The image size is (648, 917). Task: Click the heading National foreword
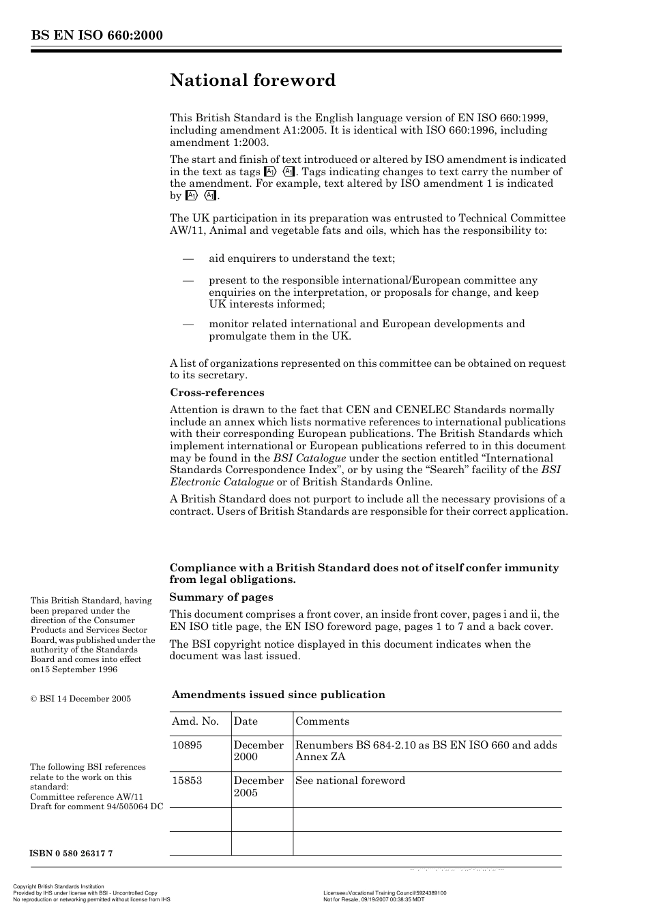click(252, 80)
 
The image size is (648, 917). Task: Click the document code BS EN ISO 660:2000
click(96, 35)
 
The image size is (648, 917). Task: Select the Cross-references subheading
click(216, 393)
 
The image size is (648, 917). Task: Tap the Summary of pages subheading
click(221, 597)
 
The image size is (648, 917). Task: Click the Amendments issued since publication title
click(278, 695)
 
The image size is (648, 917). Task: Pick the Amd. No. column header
click(196, 721)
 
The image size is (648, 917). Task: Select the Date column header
click(246, 721)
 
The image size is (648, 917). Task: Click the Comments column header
click(322, 721)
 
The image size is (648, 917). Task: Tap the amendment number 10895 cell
click(187, 745)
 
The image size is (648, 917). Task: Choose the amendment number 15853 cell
click(187, 781)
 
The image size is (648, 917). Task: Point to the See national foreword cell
click(350, 781)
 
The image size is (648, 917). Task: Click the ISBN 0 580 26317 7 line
click(72, 854)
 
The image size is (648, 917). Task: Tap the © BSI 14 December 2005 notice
click(80, 699)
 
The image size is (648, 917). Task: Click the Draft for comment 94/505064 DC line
click(96, 807)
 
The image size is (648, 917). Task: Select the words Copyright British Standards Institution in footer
click(59, 887)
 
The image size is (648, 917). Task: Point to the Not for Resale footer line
click(373, 899)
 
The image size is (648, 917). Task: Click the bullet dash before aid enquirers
click(188, 259)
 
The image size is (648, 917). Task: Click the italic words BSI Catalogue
click(309, 458)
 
